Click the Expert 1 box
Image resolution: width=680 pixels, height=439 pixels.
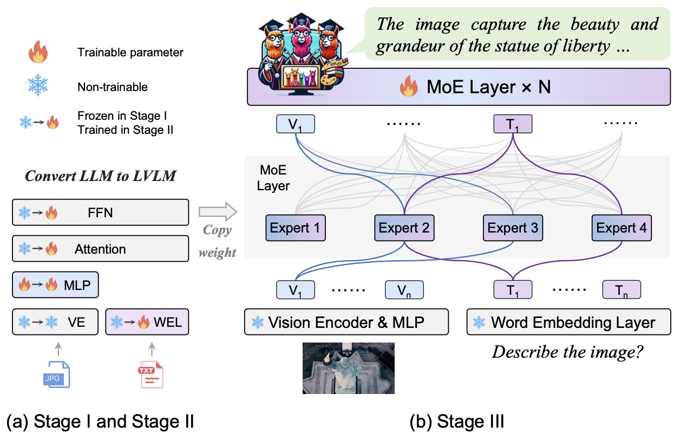[296, 228]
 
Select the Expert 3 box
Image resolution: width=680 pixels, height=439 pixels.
[513, 228]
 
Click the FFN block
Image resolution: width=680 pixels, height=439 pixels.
[101, 212]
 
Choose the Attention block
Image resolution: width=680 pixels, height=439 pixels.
[101, 249]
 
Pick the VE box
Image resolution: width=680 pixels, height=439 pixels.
[56, 322]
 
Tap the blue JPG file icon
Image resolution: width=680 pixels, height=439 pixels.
[57, 374]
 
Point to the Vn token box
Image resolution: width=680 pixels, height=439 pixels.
[404, 290]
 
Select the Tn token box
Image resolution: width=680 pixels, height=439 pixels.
[621, 290]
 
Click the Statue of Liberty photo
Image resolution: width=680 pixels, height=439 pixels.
[349, 367]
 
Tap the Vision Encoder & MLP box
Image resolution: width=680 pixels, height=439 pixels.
[346, 322]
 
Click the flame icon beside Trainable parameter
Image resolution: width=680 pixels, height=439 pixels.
[40, 53]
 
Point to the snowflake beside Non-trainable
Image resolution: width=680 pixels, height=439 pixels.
[40, 86]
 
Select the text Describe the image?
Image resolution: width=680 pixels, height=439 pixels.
[567, 352]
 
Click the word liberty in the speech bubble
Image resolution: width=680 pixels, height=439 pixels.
[582, 47]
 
